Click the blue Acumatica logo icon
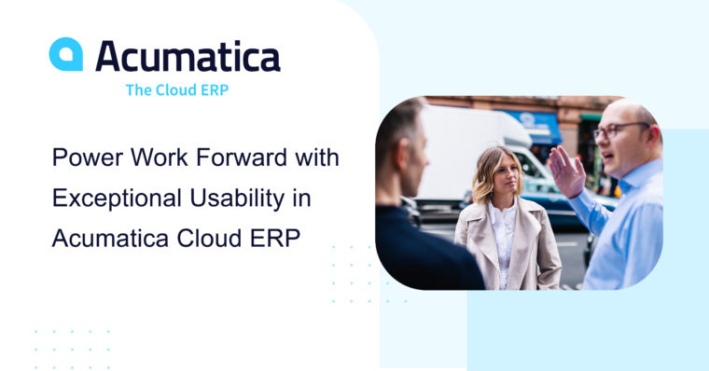point(65,54)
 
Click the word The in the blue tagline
point(140,90)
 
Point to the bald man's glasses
point(619,130)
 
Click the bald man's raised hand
point(565,171)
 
